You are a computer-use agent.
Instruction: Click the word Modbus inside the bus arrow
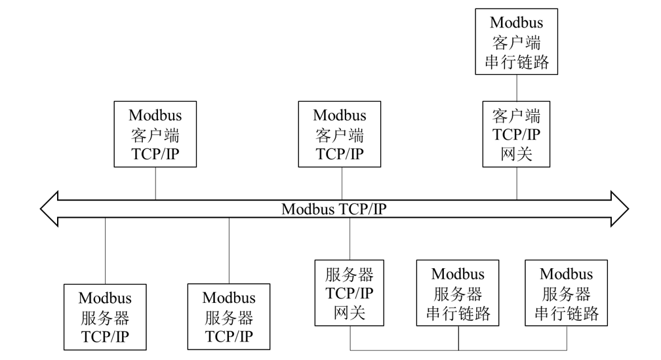pos(308,209)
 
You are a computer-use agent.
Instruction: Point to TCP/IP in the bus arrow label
pos(362,209)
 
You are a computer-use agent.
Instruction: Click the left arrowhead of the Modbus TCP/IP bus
pos(49,209)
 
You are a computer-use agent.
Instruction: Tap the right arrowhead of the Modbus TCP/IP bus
pos(620,209)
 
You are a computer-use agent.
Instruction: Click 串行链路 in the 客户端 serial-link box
pos(517,62)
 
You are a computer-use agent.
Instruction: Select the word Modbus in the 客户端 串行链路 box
pos(517,22)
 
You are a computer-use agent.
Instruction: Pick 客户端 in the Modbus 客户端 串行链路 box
pos(517,43)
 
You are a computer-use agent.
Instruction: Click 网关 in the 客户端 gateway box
pos(517,154)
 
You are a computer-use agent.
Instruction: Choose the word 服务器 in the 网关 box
pos(350,275)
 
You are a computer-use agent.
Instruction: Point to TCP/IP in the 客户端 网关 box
pos(517,134)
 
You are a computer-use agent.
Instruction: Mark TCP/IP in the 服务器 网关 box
pos(350,293)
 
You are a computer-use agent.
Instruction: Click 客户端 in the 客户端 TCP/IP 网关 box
pos(517,115)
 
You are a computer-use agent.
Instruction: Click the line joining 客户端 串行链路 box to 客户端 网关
pos(517,88)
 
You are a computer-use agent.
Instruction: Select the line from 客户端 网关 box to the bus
pos(517,184)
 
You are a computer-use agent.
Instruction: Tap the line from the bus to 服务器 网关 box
pos(350,239)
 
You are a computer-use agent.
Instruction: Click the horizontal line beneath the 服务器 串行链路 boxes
pos(458,350)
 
